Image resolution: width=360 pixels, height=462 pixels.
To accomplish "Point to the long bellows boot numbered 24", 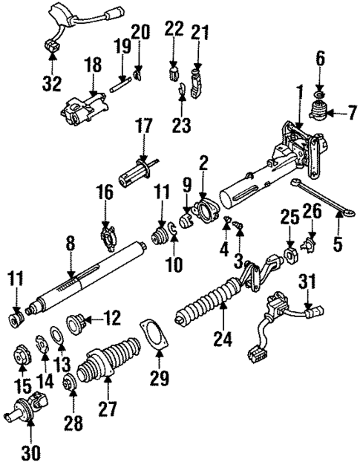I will click(x=212, y=305).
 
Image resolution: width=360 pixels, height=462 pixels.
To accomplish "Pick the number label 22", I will click(x=172, y=30).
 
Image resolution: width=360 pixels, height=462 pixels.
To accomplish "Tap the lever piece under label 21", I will click(x=196, y=81).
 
